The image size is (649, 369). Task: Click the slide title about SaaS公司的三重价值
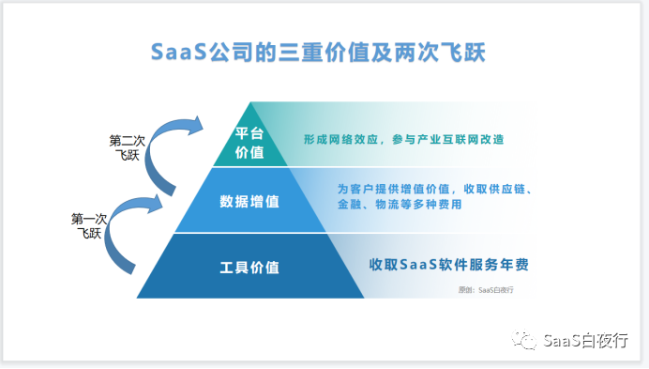tap(324, 52)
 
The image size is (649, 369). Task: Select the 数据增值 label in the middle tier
tap(249, 200)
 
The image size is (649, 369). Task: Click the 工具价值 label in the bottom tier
tap(249, 266)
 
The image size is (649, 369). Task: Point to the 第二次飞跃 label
tap(127, 147)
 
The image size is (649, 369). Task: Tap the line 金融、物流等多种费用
tap(399, 205)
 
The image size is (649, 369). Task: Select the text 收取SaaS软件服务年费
tap(455, 264)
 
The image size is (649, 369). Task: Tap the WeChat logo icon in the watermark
tap(525, 339)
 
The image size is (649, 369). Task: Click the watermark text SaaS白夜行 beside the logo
tap(585, 340)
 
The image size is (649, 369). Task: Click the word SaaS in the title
tap(176, 52)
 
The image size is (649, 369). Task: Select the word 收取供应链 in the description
tap(498, 189)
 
